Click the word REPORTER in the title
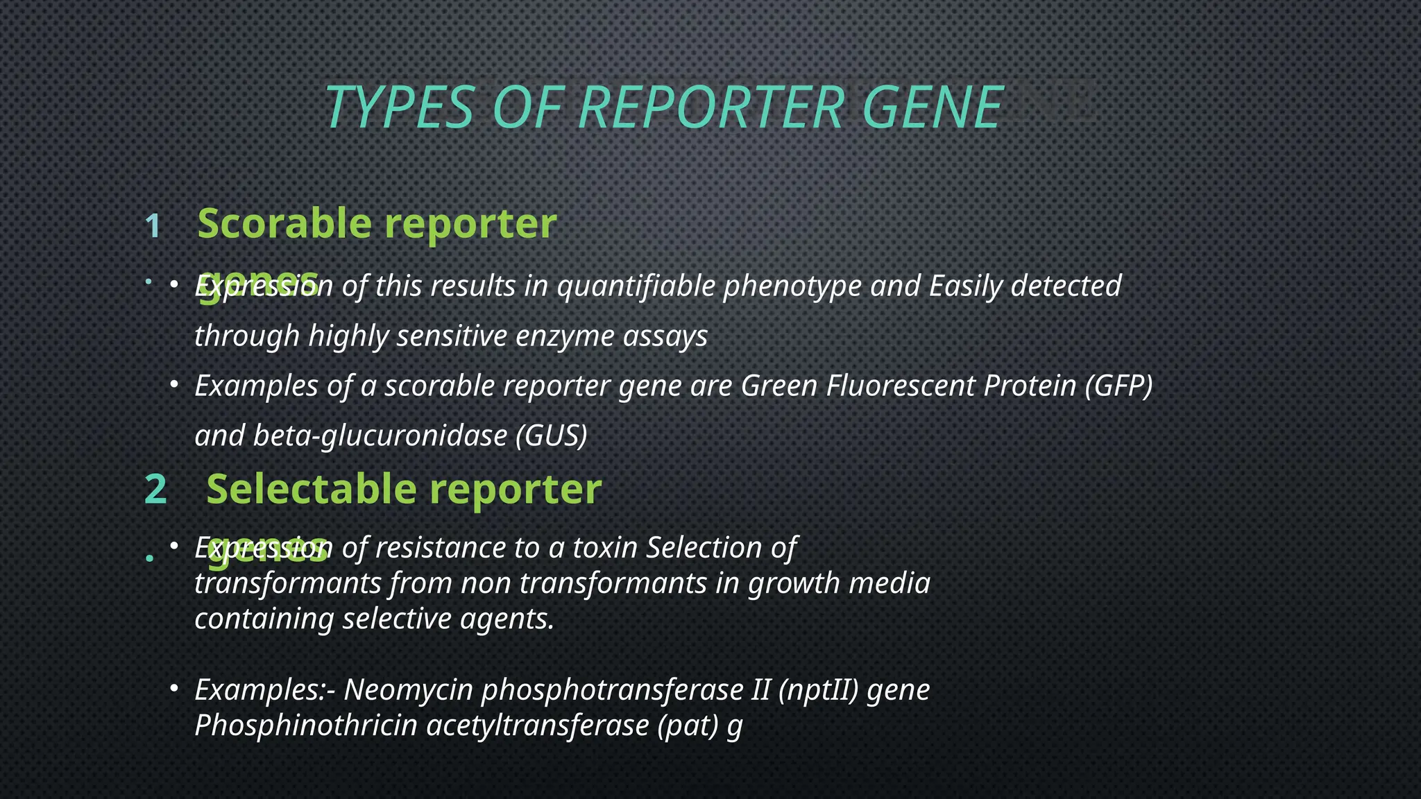click(711, 108)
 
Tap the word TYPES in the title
click(400, 108)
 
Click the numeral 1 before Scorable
click(153, 227)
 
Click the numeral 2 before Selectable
click(155, 489)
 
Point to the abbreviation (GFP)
click(1118, 386)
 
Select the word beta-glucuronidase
click(380, 436)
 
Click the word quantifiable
click(636, 286)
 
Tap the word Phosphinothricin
click(305, 726)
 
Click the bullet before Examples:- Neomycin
click(174, 688)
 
